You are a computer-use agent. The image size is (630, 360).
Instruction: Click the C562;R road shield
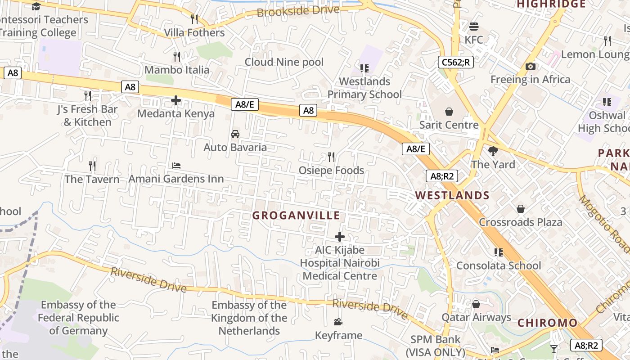click(x=456, y=62)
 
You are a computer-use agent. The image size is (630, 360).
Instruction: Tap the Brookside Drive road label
click(x=298, y=11)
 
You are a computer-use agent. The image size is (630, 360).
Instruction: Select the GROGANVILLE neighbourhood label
click(x=296, y=216)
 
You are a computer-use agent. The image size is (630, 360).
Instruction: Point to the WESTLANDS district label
click(x=452, y=195)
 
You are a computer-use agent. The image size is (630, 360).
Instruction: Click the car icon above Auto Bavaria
click(x=235, y=134)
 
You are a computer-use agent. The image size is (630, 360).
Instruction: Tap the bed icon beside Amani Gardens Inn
click(x=176, y=166)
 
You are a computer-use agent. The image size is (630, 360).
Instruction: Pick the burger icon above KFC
click(x=473, y=27)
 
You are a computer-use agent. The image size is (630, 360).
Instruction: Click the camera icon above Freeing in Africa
click(x=531, y=67)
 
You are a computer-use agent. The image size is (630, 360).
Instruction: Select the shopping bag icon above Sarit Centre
click(x=449, y=112)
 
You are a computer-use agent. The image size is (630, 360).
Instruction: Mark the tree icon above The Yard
click(x=493, y=151)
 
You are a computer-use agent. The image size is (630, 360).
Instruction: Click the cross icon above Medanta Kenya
click(x=176, y=100)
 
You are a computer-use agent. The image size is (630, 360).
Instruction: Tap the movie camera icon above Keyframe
click(x=338, y=322)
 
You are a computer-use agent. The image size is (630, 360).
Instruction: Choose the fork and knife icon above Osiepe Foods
click(x=331, y=157)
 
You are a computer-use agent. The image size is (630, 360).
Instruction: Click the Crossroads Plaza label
click(x=520, y=222)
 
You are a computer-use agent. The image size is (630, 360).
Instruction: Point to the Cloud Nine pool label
click(x=284, y=62)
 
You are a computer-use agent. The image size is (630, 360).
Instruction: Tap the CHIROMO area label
click(x=547, y=323)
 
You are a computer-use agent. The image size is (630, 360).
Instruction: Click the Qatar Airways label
click(x=476, y=318)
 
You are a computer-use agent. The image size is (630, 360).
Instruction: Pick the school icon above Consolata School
click(x=498, y=252)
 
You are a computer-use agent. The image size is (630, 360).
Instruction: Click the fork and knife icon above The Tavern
click(x=92, y=166)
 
